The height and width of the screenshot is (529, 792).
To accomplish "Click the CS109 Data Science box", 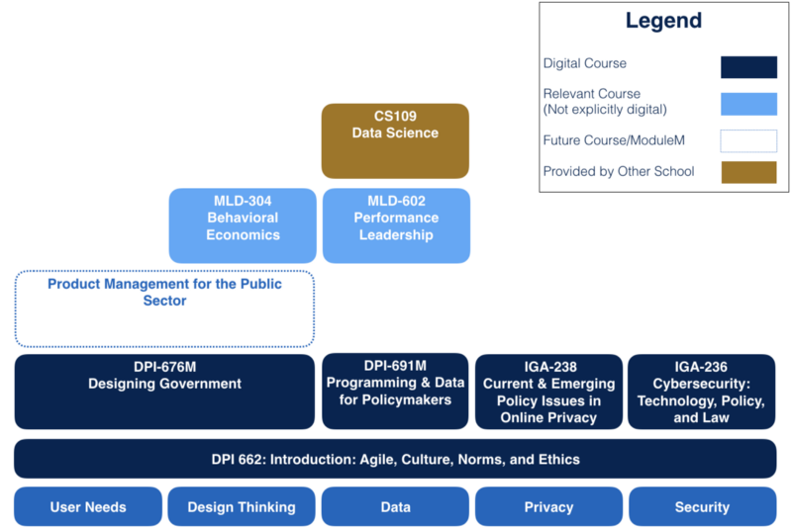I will coord(395,140).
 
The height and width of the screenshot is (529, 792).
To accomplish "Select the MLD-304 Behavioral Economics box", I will coord(243,225).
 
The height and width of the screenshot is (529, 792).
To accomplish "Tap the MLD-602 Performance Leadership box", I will coord(396,225).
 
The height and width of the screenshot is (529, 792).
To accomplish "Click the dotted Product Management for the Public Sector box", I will coord(164,309).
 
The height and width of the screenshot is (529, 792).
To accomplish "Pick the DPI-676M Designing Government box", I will coord(164,392).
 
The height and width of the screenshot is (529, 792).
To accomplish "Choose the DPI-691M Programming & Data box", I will coord(395,392).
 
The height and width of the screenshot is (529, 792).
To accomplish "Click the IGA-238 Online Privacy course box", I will coord(548,392).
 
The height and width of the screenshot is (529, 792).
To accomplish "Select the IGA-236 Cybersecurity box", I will coord(702,392).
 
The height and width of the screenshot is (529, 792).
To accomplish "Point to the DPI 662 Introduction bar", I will coord(395,459).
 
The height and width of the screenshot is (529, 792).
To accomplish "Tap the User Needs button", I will coord(88,506).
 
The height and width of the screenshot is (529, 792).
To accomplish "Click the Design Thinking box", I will coord(242,506).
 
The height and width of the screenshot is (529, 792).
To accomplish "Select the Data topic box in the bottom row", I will coord(395,506).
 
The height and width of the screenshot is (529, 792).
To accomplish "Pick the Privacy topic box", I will coord(548,506).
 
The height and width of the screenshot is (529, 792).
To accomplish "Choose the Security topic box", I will coord(702,506).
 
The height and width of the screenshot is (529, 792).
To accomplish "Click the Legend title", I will coord(662,22).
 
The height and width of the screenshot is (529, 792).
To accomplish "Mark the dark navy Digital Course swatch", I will coord(747,66).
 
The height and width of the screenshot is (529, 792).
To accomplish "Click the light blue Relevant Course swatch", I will coord(747,103).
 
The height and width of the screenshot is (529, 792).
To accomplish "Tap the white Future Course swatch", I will coord(747,140).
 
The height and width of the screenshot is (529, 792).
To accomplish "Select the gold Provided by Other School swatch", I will coord(747,172).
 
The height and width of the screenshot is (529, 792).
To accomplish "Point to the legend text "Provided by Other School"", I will coord(619,172).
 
